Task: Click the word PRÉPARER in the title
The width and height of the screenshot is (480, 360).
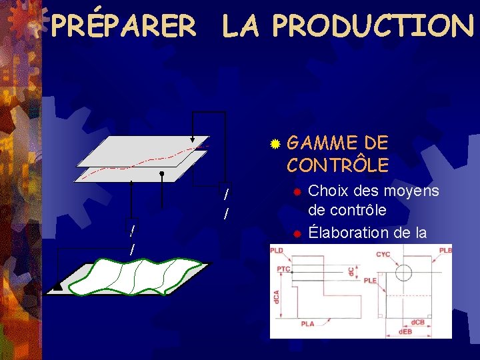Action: (123, 26)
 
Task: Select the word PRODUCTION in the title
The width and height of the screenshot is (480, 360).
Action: (373, 26)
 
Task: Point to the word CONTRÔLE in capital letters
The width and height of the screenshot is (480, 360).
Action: (337, 164)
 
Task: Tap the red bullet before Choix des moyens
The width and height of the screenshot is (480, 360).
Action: (299, 192)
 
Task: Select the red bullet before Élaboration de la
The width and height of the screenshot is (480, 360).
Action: (299, 234)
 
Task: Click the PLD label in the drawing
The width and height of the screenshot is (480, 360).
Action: (277, 251)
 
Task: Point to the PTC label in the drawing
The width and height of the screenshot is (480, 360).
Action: (283, 268)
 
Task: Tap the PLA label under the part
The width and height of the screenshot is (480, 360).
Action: (307, 323)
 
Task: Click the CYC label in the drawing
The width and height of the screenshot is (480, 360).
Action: (383, 254)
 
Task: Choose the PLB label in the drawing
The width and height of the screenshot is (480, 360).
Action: (445, 251)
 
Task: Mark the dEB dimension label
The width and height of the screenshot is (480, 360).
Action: (405, 332)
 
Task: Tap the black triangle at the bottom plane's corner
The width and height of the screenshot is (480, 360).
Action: (57, 287)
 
